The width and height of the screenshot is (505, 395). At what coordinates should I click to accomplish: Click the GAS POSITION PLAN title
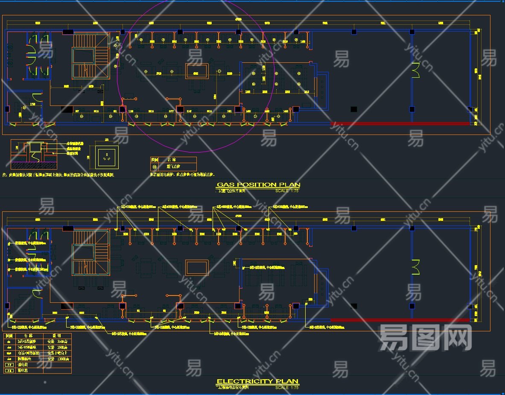point(258,185)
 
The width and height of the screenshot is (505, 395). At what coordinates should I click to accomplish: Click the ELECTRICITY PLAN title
point(257,381)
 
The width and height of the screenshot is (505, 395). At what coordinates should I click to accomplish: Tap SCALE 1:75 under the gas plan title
point(287,191)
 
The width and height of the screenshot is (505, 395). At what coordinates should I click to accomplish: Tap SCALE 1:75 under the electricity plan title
point(287,387)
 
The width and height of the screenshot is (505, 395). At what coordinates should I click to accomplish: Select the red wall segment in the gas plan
point(400,124)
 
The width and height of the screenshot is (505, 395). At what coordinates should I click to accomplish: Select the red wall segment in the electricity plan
point(400,320)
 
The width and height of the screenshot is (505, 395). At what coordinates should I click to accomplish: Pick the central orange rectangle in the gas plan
point(197,71)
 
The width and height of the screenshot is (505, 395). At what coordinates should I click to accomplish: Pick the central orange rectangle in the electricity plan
point(197,267)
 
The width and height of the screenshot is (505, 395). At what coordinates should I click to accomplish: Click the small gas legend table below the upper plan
point(173,164)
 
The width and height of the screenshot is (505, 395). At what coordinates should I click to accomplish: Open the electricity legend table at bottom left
point(37,354)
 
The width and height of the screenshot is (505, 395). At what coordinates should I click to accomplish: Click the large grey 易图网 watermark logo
point(425,337)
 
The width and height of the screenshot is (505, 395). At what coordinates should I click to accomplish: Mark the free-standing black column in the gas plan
point(353,109)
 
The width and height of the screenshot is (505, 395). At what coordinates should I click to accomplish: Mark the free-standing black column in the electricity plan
point(353,306)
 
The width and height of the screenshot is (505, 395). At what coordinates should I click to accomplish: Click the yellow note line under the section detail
point(60,175)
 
